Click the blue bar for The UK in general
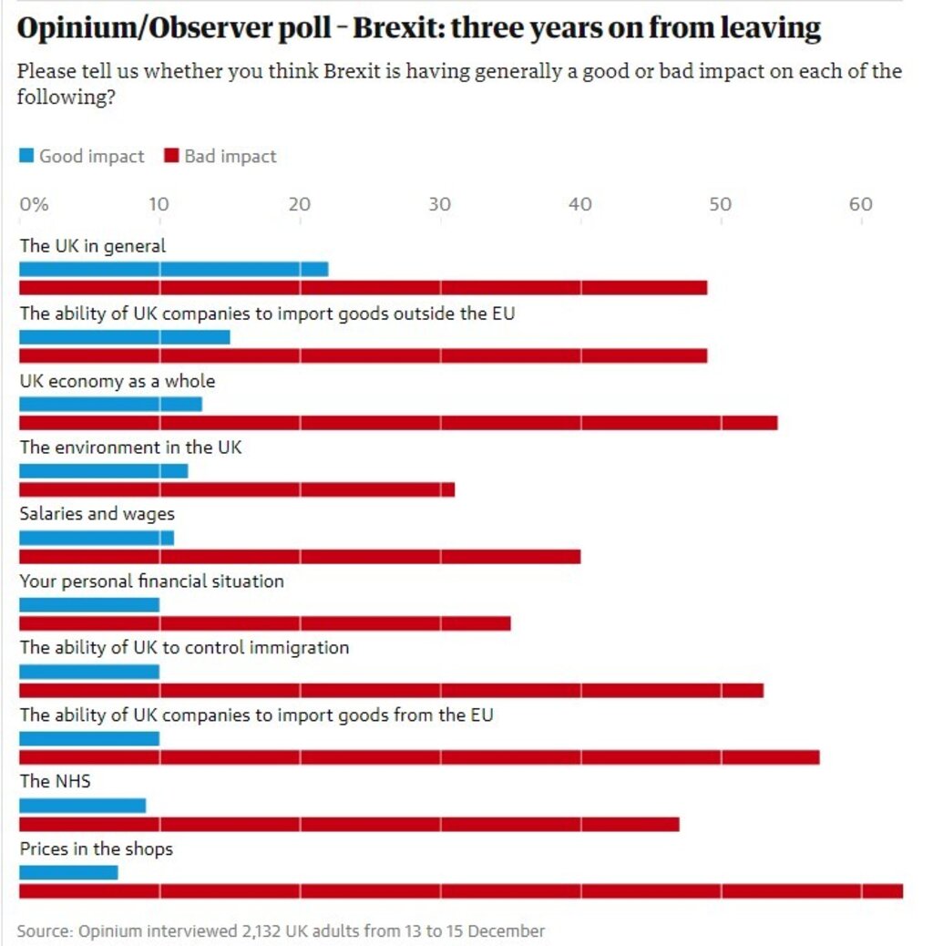[x=173, y=269]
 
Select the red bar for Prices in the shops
[x=460, y=890]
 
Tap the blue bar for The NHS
[x=82, y=806]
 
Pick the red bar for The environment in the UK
[x=237, y=489]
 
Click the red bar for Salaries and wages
[x=300, y=556]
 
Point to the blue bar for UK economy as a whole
[x=110, y=404]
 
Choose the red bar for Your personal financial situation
[x=264, y=623]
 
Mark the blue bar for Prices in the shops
[x=68, y=872]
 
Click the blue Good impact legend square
[x=27, y=157]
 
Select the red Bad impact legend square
[x=171, y=157]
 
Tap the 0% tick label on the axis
[x=34, y=204]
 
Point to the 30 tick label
[x=440, y=204]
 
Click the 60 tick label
[x=861, y=204]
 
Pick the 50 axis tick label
[x=720, y=204]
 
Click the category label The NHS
[x=55, y=781]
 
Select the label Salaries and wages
[x=97, y=514]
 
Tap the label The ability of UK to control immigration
[x=184, y=648]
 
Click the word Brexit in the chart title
[x=395, y=29]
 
